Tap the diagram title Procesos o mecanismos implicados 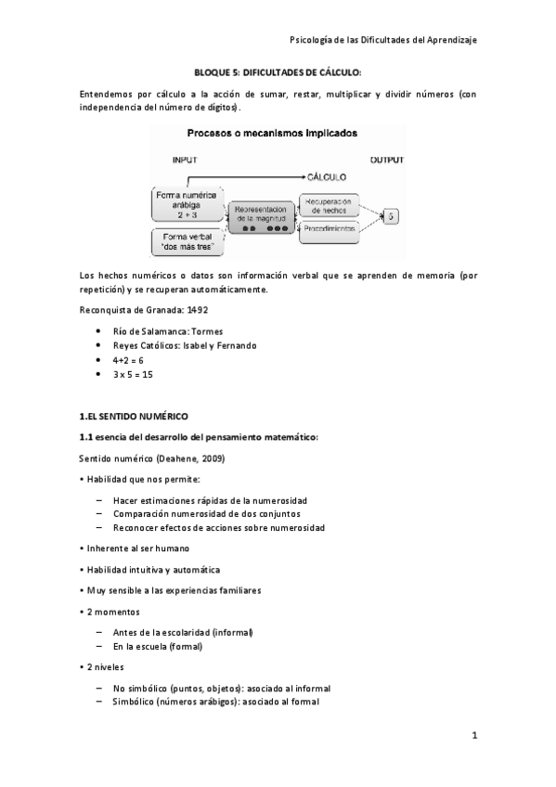click(x=278, y=134)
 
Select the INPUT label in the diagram click(x=185, y=160)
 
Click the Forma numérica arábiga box click(x=187, y=203)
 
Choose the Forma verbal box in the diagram click(x=187, y=242)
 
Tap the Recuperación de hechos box click(x=329, y=205)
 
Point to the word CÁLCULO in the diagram click(x=328, y=176)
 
